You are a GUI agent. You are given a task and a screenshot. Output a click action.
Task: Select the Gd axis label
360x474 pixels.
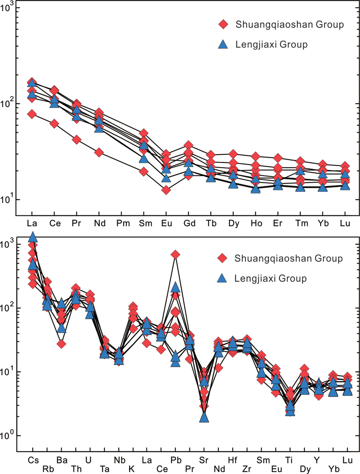[x=188, y=223]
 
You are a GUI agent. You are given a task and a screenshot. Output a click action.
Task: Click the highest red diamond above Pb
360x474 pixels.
[x=175, y=255]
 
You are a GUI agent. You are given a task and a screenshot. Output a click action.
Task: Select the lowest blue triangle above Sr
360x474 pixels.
[x=204, y=417]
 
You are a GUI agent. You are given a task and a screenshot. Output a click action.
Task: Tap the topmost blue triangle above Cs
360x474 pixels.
[x=33, y=237]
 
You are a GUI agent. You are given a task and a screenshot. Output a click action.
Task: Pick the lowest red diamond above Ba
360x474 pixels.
[x=61, y=344]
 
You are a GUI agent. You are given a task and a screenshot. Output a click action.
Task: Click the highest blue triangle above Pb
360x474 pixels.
[x=175, y=287]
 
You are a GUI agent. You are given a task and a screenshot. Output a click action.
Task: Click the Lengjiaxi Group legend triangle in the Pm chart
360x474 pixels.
[x=223, y=44]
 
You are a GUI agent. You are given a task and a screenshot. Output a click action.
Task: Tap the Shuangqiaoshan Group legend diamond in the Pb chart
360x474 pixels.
[x=223, y=259]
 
